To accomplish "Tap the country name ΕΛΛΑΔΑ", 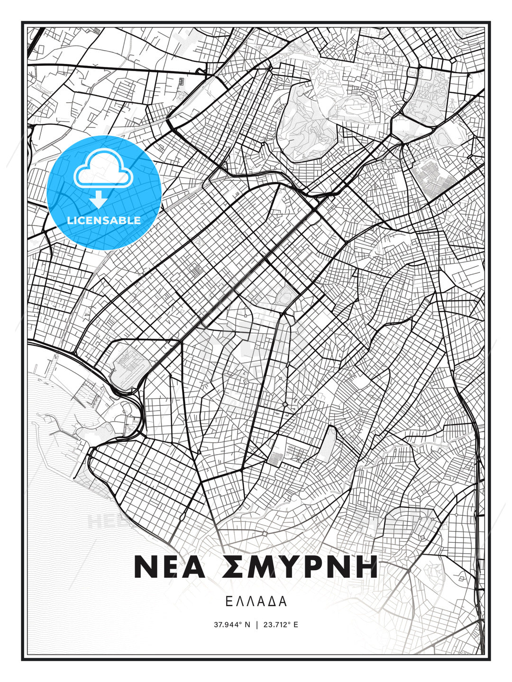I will (x=256, y=602).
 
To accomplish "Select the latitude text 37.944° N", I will (x=232, y=625).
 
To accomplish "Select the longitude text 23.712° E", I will (x=280, y=625).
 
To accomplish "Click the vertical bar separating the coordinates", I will (x=256, y=625).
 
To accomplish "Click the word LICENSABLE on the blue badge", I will (x=104, y=220).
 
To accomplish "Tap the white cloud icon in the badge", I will (x=102, y=170).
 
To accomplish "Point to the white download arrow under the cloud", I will (x=99, y=200).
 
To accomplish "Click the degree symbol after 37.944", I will (x=240, y=623).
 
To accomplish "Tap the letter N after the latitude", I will (x=247, y=625).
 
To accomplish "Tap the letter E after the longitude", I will (x=295, y=625).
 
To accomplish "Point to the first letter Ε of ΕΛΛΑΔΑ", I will (x=229, y=602).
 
